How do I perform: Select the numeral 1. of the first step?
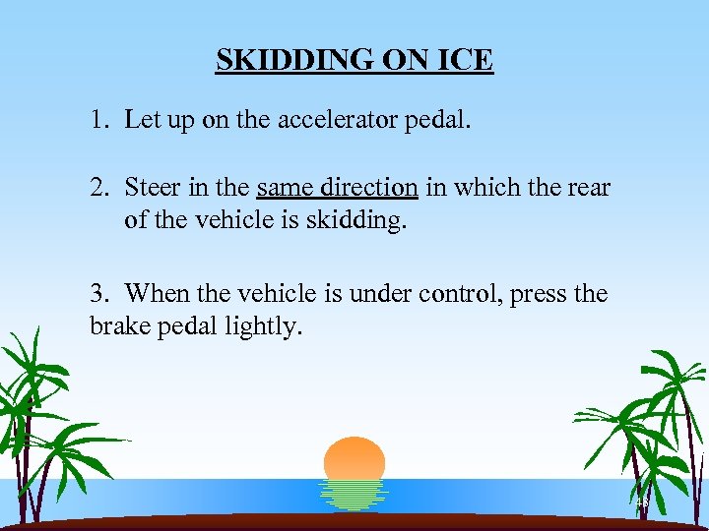(97, 121)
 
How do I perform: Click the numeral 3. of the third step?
(98, 293)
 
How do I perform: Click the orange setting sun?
(354, 458)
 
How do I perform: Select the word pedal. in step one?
(444, 121)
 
